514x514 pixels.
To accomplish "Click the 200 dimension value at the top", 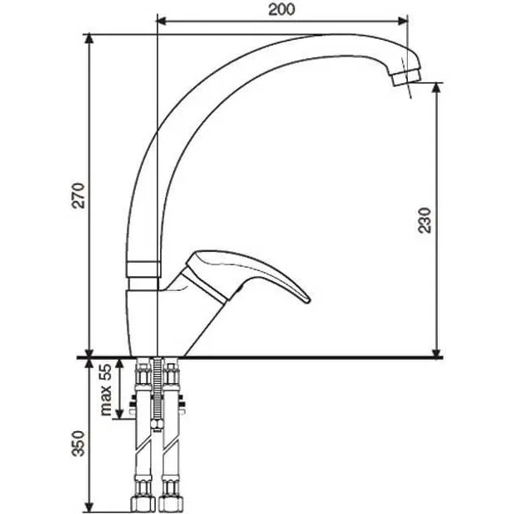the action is (x=282, y=9).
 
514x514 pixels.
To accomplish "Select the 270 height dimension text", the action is (x=79, y=196).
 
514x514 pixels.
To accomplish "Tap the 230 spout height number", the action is (x=424, y=221).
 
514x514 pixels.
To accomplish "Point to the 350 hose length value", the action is (x=79, y=444).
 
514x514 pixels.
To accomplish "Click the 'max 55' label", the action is (x=105, y=390).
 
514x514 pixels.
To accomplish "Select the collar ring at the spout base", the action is (x=143, y=269).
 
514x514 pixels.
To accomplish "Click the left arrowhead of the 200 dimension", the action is (x=162, y=22).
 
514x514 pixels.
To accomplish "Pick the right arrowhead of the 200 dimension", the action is (x=403, y=22).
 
